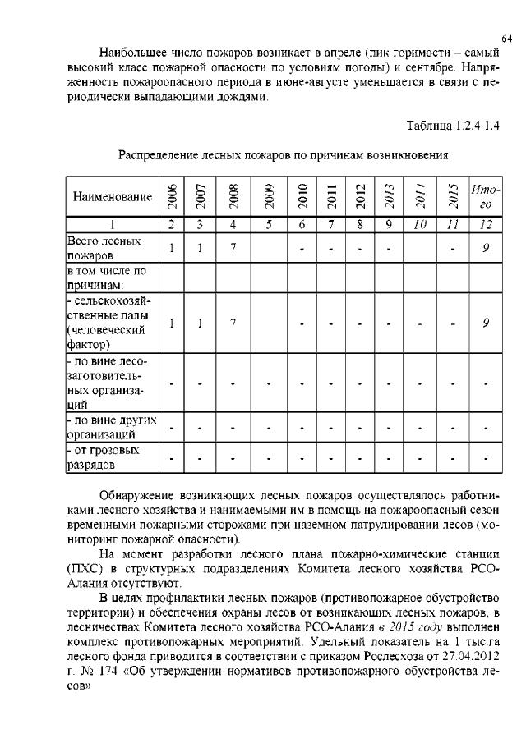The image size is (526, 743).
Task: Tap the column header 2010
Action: point(302,195)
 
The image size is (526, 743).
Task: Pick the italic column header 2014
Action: point(418,195)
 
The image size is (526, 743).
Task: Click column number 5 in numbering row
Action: point(268,224)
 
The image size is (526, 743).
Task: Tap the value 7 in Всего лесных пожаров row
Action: point(233,248)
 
